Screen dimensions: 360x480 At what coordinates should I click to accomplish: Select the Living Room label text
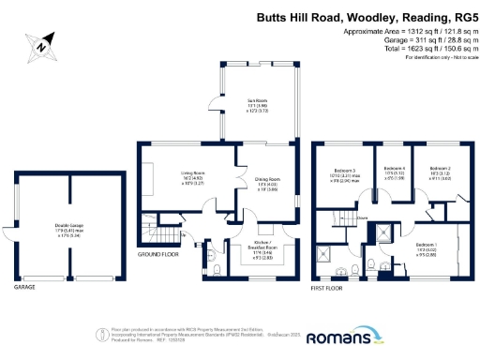tap(192, 174)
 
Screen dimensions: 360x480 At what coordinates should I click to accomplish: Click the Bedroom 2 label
tap(440, 172)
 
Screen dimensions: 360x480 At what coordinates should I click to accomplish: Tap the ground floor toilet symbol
tap(217, 270)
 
